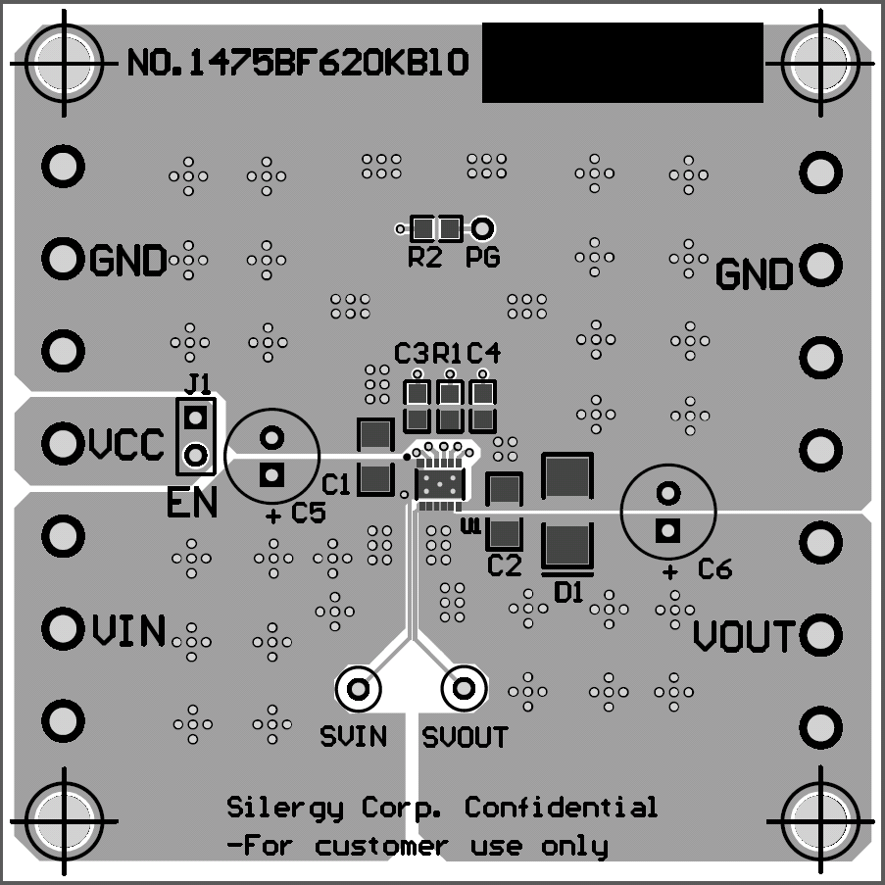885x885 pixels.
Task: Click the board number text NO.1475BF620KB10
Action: click(x=298, y=64)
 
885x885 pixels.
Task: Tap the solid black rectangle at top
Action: click(x=622, y=63)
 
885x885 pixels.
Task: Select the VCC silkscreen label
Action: click(x=126, y=446)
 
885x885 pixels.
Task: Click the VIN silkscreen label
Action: click(x=129, y=631)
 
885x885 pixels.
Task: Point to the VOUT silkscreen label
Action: click(x=743, y=637)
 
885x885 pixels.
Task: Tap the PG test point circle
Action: click(x=481, y=228)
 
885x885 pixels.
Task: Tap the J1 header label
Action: click(x=197, y=382)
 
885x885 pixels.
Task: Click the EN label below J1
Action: click(x=192, y=505)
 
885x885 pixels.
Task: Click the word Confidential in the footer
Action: click(x=561, y=809)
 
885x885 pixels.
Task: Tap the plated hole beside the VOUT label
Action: click(x=819, y=635)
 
